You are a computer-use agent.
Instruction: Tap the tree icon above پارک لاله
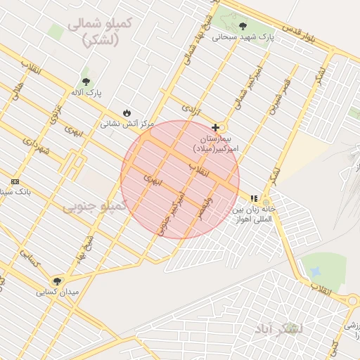click(x=86, y=82)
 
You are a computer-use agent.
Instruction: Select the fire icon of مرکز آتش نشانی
click(x=127, y=112)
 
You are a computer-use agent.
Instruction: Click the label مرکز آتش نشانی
click(x=127, y=124)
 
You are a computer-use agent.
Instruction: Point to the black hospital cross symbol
click(x=215, y=128)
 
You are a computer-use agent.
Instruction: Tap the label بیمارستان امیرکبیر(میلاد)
click(x=217, y=143)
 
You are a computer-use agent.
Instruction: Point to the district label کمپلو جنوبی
click(x=94, y=206)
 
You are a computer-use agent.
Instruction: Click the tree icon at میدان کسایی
click(x=57, y=281)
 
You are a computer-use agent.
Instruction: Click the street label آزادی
click(x=191, y=109)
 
